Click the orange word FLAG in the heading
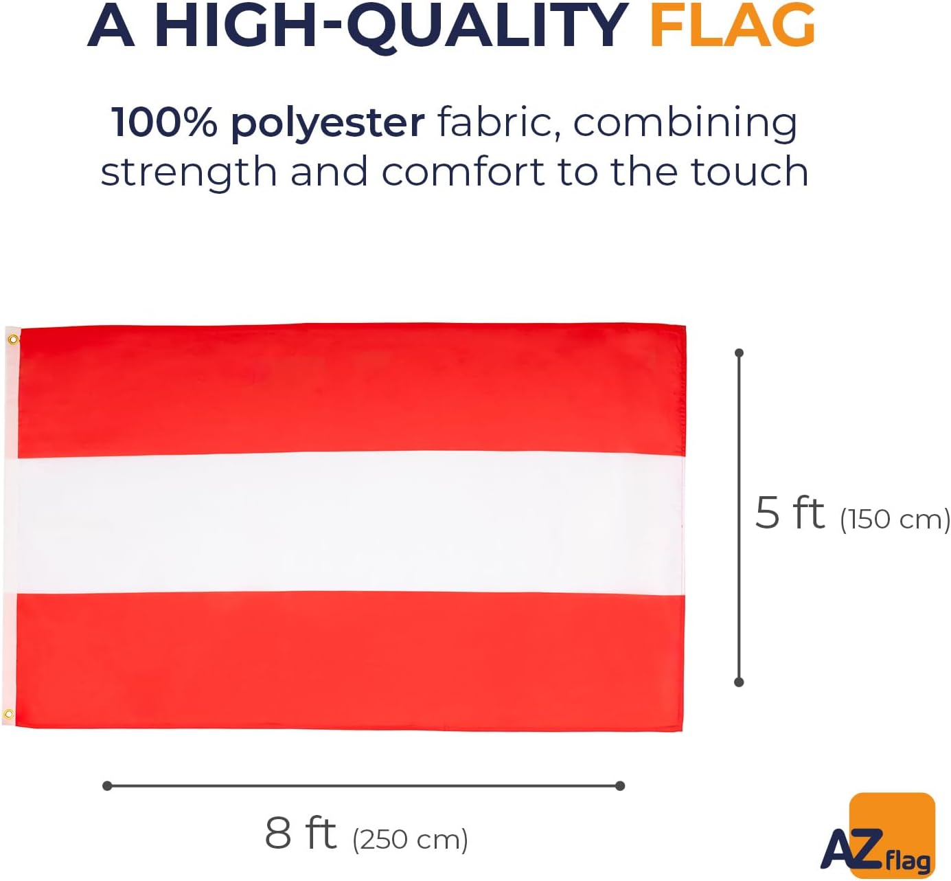733,25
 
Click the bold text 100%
164,122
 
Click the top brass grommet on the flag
14,340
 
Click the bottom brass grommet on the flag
8,715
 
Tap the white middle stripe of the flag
345,524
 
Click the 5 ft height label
790,513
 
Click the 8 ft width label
300,833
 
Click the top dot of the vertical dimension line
739,353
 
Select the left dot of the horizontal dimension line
107,785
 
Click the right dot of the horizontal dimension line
620,785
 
